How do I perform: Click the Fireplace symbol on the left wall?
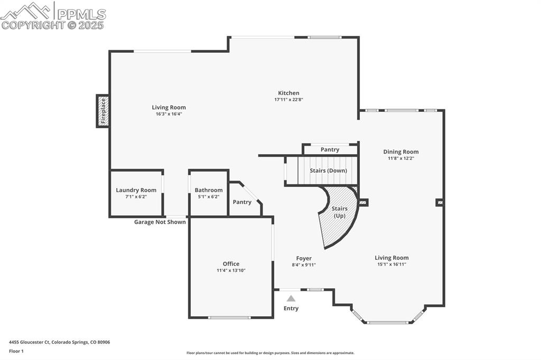point(102,111)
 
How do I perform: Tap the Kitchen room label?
point(288,93)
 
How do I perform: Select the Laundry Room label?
point(136,190)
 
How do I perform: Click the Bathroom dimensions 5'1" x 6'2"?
point(208,196)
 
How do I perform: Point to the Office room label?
point(231,264)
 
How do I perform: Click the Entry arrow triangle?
point(291,298)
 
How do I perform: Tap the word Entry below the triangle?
point(291,308)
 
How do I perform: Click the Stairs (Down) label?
point(328,170)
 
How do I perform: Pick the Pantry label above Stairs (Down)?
point(330,150)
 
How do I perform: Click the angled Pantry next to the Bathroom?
point(242,202)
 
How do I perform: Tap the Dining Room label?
point(401,152)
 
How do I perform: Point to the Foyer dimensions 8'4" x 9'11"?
point(304,265)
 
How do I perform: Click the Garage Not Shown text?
point(160,222)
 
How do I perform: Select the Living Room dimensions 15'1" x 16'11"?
point(391,264)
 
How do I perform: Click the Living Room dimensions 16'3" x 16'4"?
point(169,113)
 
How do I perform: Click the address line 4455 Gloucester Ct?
point(60,342)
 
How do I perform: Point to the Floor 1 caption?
point(16,350)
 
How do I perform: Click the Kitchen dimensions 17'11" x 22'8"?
point(288,99)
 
